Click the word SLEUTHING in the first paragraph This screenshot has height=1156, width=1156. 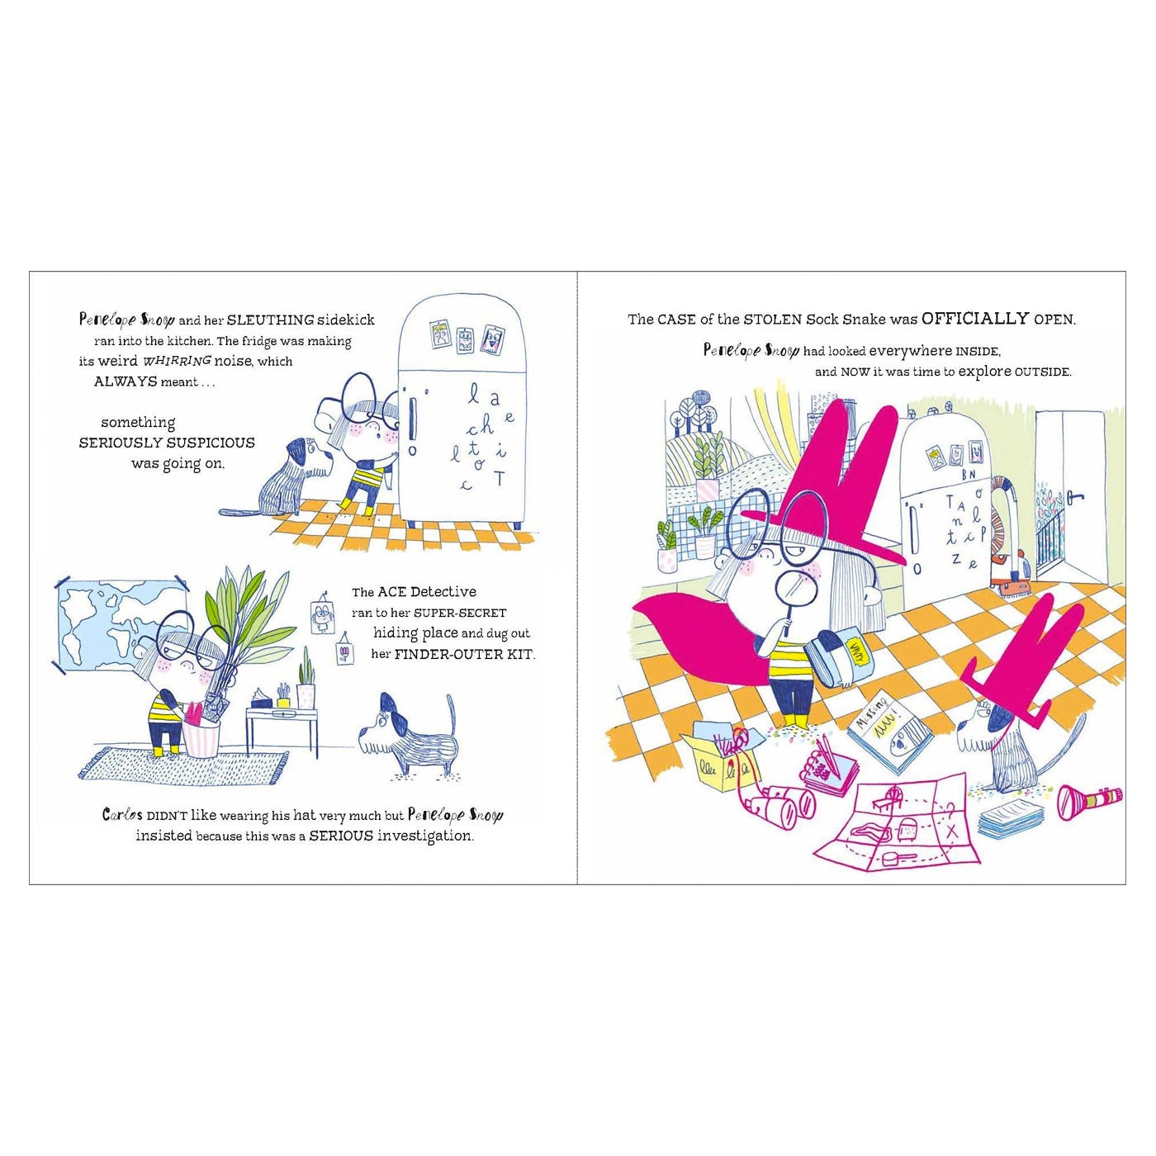click(271, 320)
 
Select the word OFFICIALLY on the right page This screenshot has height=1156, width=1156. click(975, 319)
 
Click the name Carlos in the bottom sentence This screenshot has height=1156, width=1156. click(122, 815)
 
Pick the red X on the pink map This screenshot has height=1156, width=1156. click(950, 831)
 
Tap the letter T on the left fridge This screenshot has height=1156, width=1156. click(499, 478)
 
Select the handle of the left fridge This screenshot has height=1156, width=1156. click(411, 413)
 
